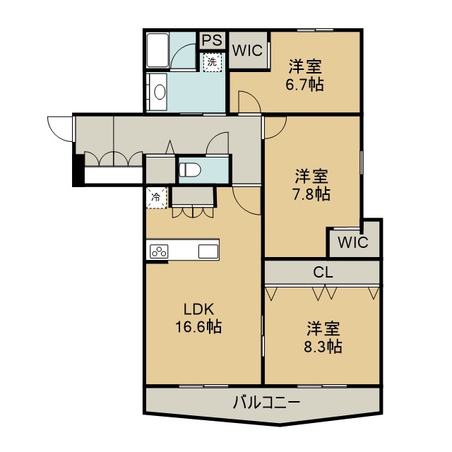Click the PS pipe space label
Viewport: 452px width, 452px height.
(213, 40)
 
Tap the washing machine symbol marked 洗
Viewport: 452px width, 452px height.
(213, 62)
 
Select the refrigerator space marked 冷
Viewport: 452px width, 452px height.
(156, 198)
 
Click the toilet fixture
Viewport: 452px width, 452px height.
(190, 169)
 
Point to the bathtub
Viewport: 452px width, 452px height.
(157, 50)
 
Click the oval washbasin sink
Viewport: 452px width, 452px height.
(160, 93)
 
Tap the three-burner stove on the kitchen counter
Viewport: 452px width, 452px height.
(159, 251)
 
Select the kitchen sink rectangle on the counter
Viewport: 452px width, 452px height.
(208, 251)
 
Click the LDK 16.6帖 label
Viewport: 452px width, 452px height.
(199, 319)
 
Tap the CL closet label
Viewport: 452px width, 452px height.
(323, 272)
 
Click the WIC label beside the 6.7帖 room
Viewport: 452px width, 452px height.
(248, 51)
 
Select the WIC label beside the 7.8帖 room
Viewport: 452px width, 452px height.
(353, 242)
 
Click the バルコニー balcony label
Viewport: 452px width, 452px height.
(267, 403)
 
